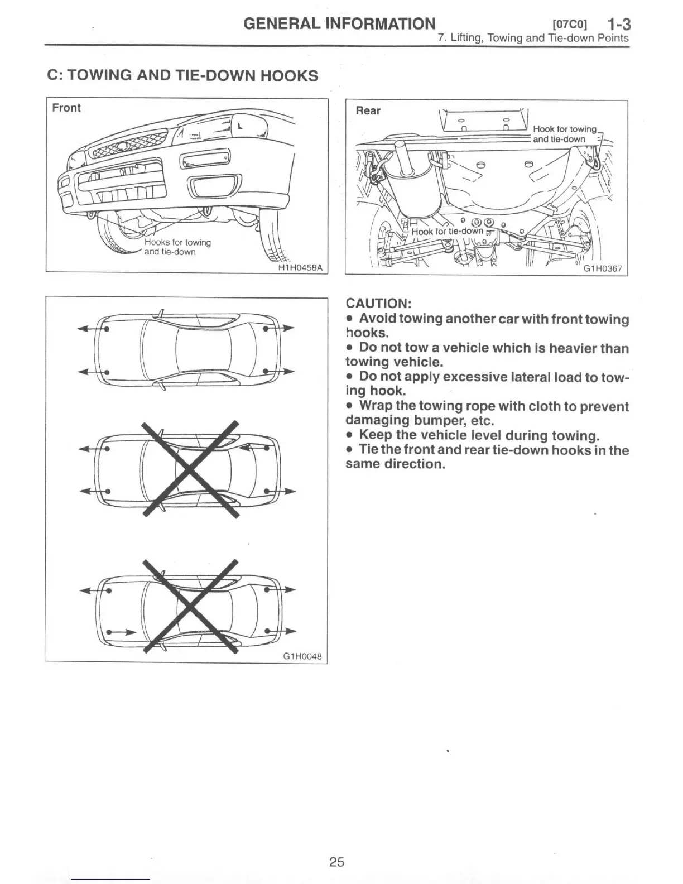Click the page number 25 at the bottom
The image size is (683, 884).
(336, 862)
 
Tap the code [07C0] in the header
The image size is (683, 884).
(569, 25)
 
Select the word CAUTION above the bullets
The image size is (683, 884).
(378, 304)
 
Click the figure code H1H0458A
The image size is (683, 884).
(300, 267)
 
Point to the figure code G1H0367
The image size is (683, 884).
(602, 269)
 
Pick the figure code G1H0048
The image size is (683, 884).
(302, 656)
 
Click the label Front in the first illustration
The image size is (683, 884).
(66, 108)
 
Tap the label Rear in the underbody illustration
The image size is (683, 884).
(368, 110)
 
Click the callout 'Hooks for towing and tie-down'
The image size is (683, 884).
(177, 247)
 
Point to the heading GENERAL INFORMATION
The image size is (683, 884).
(339, 23)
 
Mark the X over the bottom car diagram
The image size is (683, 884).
(190, 606)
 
